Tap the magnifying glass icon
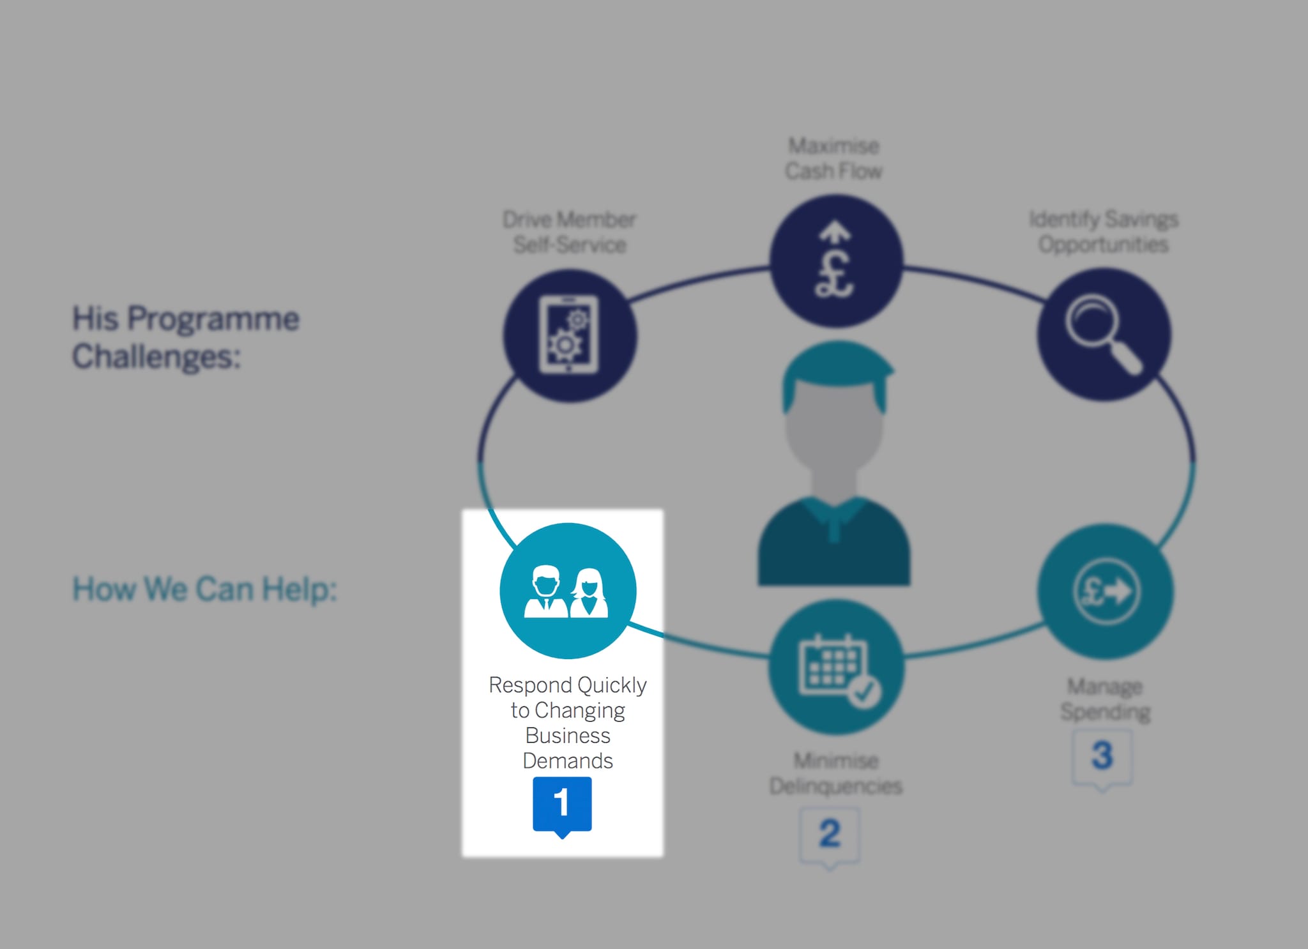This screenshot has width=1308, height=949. [1102, 333]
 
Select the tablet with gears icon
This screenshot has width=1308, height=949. [569, 335]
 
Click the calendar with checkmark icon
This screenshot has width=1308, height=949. [837, 667]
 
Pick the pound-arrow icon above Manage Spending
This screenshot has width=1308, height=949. [1106, 591]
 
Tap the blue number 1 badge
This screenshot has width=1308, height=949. [562, 804]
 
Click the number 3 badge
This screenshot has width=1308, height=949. [1102, 757]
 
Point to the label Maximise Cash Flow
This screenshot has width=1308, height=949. [833, 158]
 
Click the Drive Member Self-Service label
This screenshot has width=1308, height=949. [569, 232]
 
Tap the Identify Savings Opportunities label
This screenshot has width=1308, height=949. [1104, 231]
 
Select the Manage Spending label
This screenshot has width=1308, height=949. [1105, 699]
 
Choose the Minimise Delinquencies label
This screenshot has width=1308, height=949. [835, 773]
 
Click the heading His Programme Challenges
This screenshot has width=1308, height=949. [185, 337]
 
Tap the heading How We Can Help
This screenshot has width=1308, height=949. [204, 589]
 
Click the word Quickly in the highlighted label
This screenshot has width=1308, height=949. [612, 685]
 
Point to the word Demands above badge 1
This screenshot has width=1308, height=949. [568, 761]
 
